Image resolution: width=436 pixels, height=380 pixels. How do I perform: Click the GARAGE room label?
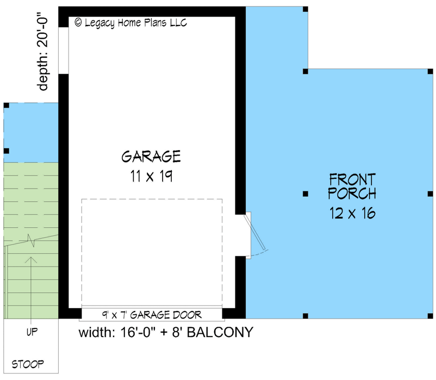tap(151, 157)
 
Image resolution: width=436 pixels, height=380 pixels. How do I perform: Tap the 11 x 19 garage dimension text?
tap(151, 177)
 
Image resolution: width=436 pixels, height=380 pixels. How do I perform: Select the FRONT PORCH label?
tap(352, 186)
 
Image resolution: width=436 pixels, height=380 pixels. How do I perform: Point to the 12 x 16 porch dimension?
tap(352, 213)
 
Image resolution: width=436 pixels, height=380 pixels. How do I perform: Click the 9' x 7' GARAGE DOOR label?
tap(152, 314)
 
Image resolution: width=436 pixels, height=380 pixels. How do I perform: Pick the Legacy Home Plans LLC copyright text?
tap(130, 23)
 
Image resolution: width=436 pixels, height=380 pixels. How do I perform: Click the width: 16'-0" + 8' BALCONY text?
tap(166, 332)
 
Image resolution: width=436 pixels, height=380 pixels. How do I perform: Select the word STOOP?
tap(28, 364)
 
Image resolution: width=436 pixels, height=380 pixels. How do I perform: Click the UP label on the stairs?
tap(32, 332)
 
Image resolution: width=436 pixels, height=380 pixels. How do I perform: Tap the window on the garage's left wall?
tap(63, 50)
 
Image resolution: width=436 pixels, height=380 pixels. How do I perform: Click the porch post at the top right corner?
tap(429, 71)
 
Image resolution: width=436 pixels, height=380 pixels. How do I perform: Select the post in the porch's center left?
tap(306, 194)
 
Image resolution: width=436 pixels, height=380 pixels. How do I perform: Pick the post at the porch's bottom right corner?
tap(429, 315)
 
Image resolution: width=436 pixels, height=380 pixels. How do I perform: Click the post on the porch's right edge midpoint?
tap(429, 194)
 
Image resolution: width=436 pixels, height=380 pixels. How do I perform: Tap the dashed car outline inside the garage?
tap(152, 253)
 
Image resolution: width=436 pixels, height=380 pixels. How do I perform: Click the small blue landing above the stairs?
tap(31, 132)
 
